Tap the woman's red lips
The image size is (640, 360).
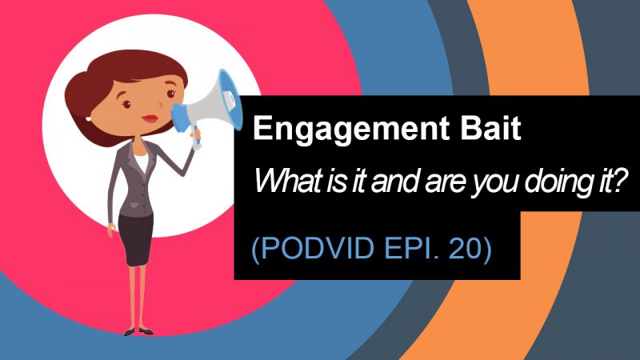(150, 118)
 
